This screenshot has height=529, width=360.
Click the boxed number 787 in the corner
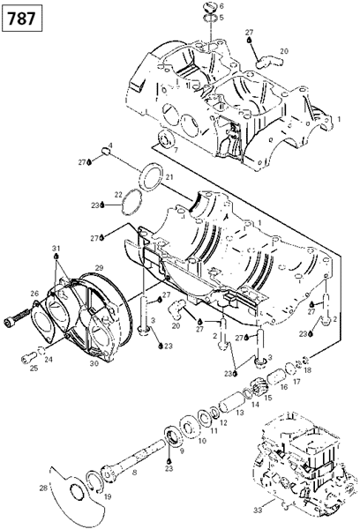[x=21, y=18]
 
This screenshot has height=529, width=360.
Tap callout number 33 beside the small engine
[x=258, y=510]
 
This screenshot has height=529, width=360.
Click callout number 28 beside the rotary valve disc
[x=43, y=488]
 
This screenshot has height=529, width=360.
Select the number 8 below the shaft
[x=135, y=473]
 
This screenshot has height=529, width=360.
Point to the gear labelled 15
[x=258, y=388]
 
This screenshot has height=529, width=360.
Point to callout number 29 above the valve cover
[x=99, y=268]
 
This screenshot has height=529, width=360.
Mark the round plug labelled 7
[x=166, y=139]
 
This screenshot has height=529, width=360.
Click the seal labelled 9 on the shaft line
[x=174, y=437]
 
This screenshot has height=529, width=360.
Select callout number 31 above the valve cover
[x=56, y=249]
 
